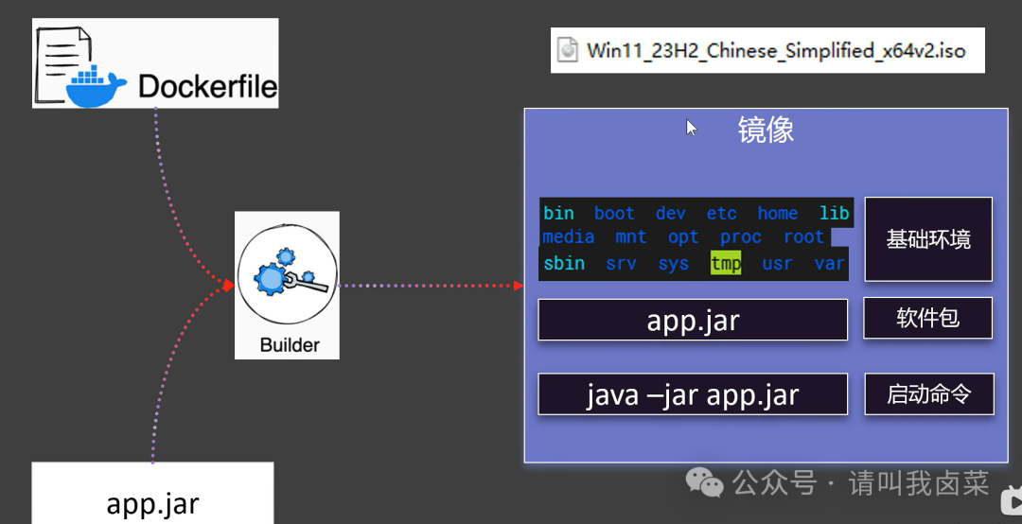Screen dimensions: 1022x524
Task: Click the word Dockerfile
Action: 208,86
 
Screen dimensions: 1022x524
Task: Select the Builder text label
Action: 290,345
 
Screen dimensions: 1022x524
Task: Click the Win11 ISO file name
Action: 776,51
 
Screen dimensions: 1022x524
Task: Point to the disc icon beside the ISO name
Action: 568,50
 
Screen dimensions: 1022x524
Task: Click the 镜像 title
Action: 766,130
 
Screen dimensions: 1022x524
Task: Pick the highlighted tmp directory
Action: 726,263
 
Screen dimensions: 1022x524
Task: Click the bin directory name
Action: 558,213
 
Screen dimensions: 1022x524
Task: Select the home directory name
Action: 777,213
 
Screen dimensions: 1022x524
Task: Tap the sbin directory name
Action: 564,263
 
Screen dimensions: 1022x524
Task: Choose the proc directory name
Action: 740,237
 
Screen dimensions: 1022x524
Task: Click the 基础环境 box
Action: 928,239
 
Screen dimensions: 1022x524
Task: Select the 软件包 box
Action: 927,318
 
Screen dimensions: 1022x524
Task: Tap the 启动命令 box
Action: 929,393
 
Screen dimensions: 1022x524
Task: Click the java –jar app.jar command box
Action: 692,394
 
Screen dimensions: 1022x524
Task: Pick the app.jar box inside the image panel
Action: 692,320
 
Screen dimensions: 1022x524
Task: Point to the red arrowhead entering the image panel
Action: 519,286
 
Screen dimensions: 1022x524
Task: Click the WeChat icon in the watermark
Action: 705,482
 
